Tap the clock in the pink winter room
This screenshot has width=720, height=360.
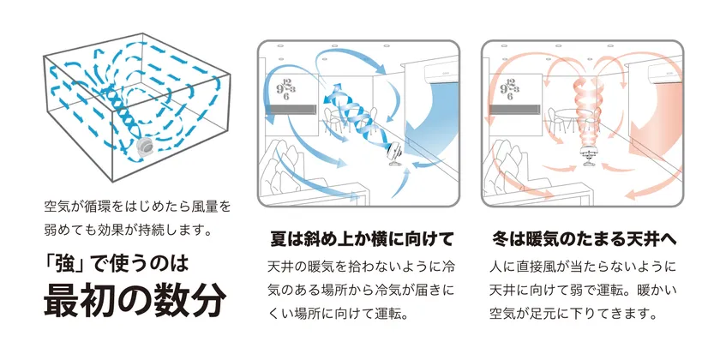tap(513, 85)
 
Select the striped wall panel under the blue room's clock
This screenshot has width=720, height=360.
tap(301, 111)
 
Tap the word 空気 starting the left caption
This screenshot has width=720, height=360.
tap(57, 207)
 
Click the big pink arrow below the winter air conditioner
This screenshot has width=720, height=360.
tap(663, 116)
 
